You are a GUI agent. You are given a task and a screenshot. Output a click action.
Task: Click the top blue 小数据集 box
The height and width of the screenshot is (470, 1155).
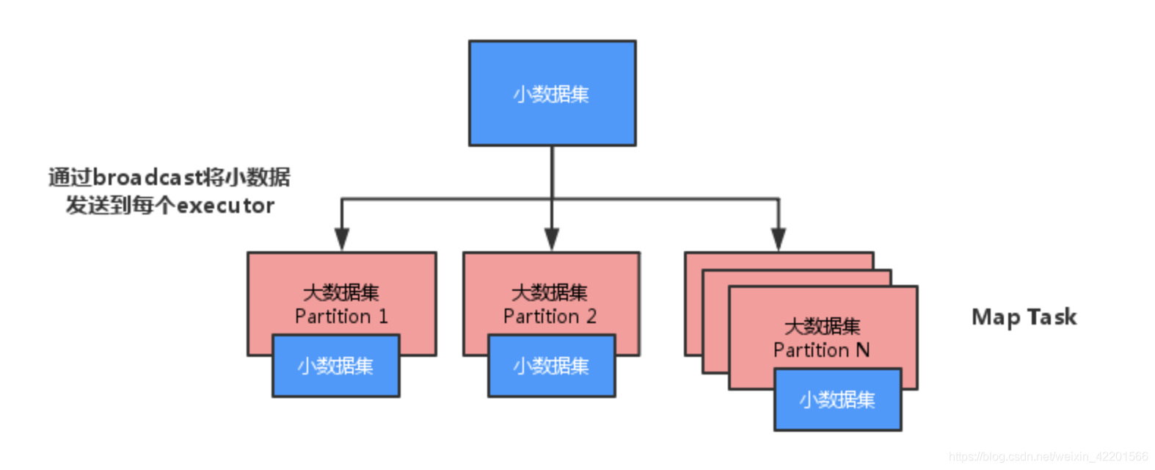(552, 93)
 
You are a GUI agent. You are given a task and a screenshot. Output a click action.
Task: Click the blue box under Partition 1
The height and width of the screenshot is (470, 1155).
(335, 366)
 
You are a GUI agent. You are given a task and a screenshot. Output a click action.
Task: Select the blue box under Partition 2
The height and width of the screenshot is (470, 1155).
(551, 366)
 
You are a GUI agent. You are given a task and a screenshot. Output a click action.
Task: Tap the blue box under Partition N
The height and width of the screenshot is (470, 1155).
(837, 399)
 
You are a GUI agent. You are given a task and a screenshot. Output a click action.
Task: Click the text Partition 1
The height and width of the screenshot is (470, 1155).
(341, 317)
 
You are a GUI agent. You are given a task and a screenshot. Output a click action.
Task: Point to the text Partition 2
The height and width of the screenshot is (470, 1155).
(550, 317)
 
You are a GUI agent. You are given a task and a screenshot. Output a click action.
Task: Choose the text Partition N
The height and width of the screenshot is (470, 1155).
(821, 350)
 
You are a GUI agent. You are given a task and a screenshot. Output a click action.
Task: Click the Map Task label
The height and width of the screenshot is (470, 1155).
(1024, 317)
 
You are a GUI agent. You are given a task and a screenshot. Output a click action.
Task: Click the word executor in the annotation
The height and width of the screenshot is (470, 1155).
(225, 206)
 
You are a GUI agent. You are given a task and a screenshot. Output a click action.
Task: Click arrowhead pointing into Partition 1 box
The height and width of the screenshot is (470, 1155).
(341, 239)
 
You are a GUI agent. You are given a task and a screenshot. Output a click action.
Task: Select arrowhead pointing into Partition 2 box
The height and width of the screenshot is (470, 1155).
(552, 239)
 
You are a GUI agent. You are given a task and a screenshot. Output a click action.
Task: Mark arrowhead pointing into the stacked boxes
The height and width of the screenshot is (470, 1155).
(779, 239)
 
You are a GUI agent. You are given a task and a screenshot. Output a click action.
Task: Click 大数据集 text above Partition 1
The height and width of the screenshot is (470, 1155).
(341, 292)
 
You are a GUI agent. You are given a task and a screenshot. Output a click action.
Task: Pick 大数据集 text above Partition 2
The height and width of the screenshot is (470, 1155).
(550, 292)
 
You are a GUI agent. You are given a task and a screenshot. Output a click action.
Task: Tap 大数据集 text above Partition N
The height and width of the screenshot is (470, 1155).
(821, 326)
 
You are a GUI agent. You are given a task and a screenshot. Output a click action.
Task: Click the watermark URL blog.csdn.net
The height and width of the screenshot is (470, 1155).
(1048, 457)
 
